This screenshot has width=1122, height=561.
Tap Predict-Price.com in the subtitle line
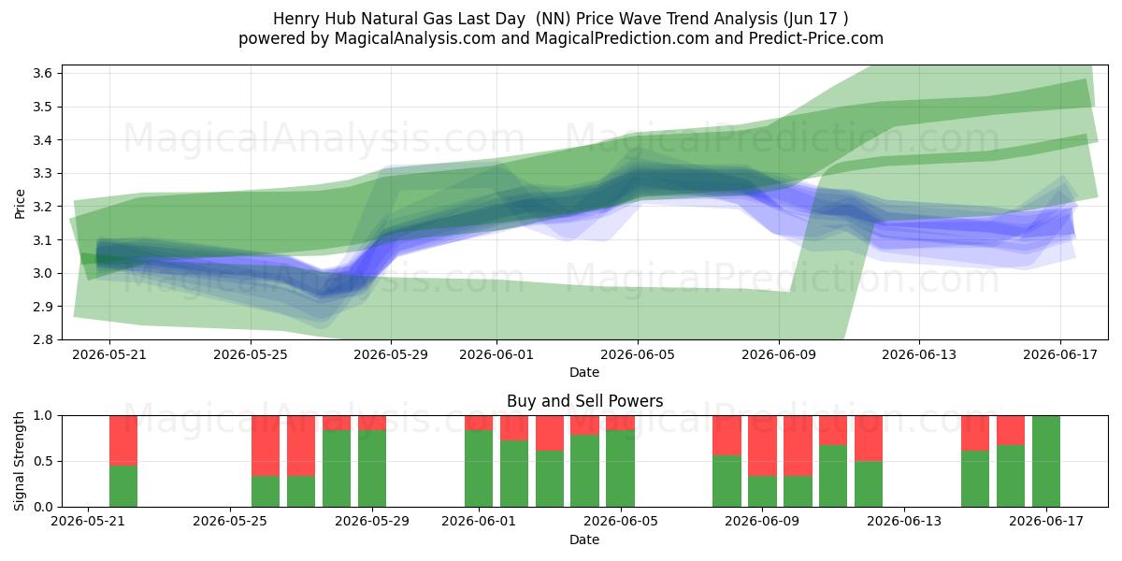point(816,38)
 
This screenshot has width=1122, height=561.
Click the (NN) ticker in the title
point(553,19)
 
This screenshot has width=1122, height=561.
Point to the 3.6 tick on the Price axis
point(42,74)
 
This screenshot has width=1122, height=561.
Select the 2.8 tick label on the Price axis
point(42,339)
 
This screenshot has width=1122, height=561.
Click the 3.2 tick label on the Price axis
point(42,207)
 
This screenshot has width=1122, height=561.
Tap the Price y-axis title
point(20,204)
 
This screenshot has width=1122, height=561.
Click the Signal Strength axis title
point(19,461)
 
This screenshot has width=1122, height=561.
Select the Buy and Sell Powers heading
point(584,401)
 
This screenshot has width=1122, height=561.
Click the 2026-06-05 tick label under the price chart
point(638,355)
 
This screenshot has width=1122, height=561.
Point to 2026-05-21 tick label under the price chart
point(109,355)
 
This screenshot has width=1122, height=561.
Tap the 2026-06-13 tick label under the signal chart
point(904,522)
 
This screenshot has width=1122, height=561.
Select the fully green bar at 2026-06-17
point(1046,461)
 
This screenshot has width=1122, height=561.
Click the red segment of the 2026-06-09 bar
point(762,446)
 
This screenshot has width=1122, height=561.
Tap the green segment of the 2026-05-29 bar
point(372,468)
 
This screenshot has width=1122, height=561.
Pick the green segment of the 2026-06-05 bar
point(620,468)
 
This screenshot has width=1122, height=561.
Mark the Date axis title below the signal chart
point(584,539)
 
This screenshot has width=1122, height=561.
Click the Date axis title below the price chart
point(584,372)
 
